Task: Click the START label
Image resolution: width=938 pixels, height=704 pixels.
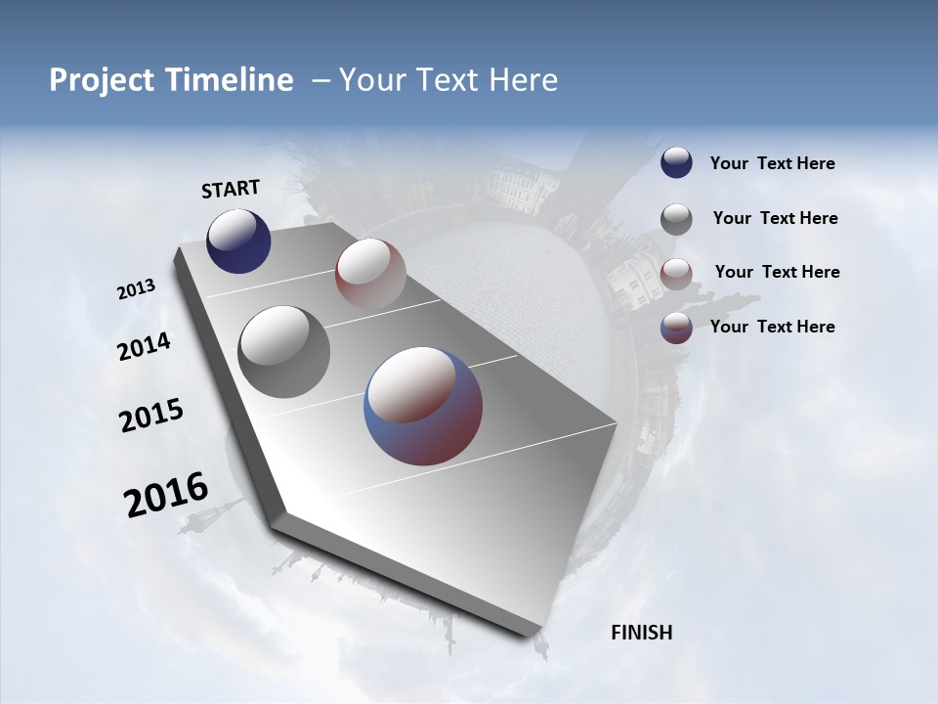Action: pyautogui.click(x=231, y=189)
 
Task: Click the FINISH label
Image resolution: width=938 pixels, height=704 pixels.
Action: pyautogui.click(x=641, y=633)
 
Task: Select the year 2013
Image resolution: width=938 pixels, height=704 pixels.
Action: pyautogui.click(x=136, y=289)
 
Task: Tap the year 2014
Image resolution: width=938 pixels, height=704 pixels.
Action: pyautogui.click(x=144, y=347)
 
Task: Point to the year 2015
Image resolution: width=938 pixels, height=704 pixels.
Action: pyautogui.click(x=150, y=416)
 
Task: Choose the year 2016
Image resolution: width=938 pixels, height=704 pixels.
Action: pyautogui.click(x=165, y=496)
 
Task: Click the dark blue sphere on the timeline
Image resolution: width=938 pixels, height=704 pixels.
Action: pyautogui.click(x=238, y=241)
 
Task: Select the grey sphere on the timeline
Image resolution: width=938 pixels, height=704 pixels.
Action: pyautogui.click(x=284, y=352)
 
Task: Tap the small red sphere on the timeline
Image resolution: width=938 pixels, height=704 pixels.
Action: pyautogui.click(x=370, y=274)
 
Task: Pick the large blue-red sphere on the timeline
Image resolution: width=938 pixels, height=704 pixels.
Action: pyautogui.click(x=423, y=406)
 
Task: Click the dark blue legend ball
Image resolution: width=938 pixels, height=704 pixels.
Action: pyautogui.click(x=676, y=163)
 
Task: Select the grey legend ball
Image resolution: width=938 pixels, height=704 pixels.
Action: pyautogui.click(x=676, y=219)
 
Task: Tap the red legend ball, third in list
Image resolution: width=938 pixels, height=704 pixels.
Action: pyautogui.click(x=676, y=274)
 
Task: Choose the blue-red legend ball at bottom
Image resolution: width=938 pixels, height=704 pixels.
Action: pyautogui.click(x=676, y=328)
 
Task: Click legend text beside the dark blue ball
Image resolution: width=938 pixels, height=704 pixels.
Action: pyautogui.click(x=772, y=164)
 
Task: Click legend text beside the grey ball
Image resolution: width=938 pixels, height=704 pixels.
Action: pyautogui.click(x=775, y=218)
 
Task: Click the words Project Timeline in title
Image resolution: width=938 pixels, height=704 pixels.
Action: pyautogui.click(x=171, y=80)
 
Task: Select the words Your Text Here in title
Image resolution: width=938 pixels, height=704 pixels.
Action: pyautogui.click(x=448, y=80)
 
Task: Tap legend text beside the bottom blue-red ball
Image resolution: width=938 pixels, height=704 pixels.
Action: pyautogui.click(x=772, y=327)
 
